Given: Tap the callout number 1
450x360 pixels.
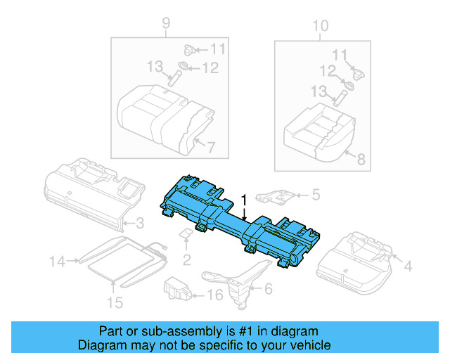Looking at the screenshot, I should pyautogui.click(x=243, y=201).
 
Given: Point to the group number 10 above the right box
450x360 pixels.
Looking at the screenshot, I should pyautogui.click(x=320, y=27).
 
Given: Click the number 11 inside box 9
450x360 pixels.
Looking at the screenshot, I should pyautogui.click(x=218, y=49).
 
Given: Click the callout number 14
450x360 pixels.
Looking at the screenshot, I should pyautogui.click(x=57, y=262).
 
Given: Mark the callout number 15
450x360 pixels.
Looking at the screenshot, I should pyautogui.click(x=114, y=302).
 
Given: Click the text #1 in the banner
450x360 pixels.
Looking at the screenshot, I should pyautogui.click(x=245, y=331).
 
